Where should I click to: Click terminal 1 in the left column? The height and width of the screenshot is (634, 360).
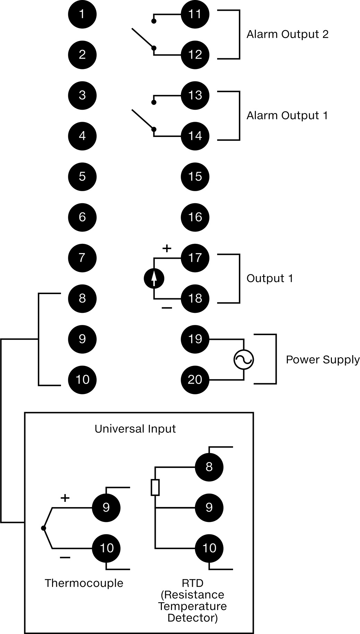click(82, 14)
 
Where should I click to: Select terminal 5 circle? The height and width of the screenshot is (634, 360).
click(82, 177)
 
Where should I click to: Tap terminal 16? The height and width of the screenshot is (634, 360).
click(195, 217)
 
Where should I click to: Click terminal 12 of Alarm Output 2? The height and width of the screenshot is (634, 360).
click(195, 55)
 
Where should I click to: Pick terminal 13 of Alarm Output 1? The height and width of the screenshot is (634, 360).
click(195, 95)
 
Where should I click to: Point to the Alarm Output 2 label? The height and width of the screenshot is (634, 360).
click(288, 34)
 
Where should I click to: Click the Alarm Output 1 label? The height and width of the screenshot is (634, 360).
click(287, 115)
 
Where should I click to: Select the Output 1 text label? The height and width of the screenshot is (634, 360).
click(270, 278)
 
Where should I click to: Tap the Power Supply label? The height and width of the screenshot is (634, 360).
click(323, 360)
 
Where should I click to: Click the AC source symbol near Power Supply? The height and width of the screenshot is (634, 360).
click(243, 359)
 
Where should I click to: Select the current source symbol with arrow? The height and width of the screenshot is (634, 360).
click(154, 279)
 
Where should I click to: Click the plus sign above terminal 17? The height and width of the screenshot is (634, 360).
click(167, 248)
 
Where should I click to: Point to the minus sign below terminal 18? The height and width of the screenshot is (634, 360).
click(167, 308)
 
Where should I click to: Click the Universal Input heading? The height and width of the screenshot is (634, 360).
click(135, 429)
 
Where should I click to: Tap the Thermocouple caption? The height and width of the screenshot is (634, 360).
click(84, 583)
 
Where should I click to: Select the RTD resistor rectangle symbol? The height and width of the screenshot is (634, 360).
click(155, 487)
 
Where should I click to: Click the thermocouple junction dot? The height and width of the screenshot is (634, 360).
click(43, 528)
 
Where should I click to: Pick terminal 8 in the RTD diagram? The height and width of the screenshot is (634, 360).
click(209, 467)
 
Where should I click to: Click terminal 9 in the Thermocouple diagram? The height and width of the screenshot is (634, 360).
click(106, 507)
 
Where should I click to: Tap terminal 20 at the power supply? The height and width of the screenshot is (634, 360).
click(195, 379)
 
